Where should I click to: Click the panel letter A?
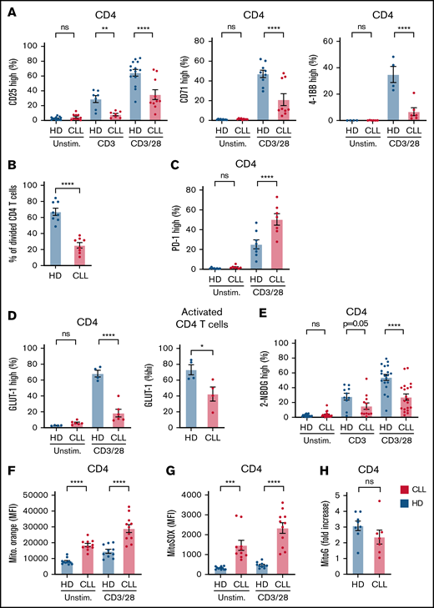[x=8, y=8]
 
